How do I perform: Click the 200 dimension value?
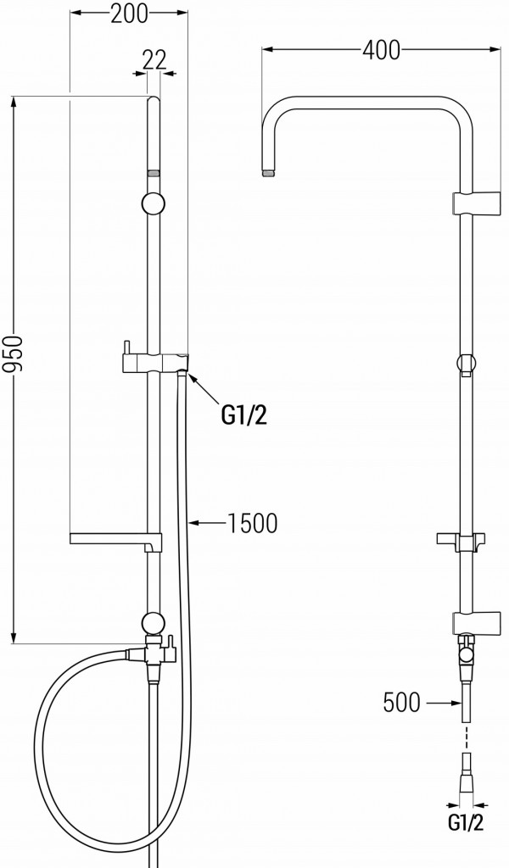[129, 14]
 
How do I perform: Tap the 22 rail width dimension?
[154, 60]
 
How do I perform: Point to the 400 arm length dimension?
[381, 50]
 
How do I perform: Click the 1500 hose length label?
[252, 523]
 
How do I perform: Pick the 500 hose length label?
[401, 703]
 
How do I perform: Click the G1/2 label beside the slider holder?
[243, 415]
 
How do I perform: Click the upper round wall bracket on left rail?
[154, 203]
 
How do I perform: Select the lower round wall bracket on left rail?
[154, 623]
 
